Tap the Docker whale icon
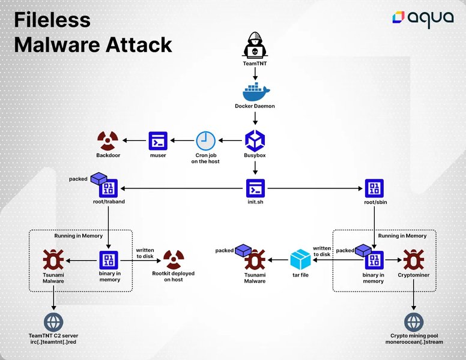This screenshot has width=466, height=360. coord(256,92)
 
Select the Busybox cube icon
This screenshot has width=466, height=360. coord(256,140)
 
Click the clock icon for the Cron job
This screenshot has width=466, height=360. coord(206,140)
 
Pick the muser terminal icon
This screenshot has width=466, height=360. coord(158,140)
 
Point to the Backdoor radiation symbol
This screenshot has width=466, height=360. coord(108,140)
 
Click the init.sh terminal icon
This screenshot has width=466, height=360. coord(256,189)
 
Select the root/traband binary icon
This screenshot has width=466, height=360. coord(109,189)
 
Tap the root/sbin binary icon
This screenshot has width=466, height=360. coord(375,189)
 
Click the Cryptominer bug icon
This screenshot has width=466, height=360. coord(414,260)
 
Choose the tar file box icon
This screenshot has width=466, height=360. coord(300,260)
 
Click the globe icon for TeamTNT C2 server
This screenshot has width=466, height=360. coord(55,320)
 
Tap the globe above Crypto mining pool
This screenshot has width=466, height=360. coord(414,320)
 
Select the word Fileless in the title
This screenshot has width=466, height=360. coord(52,20)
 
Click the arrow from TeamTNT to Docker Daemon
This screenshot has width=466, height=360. coord(256,73)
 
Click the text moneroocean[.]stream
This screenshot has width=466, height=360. coord(414,342)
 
